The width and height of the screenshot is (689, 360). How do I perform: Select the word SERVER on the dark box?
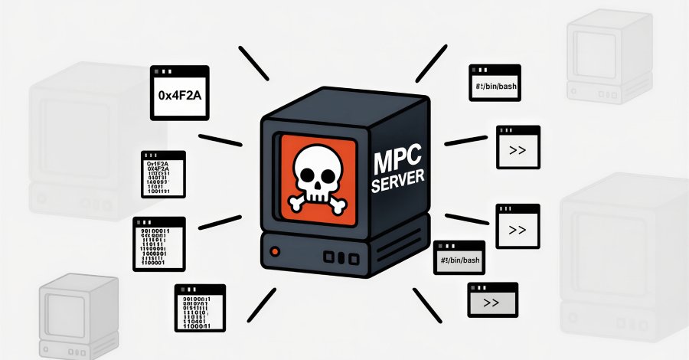pyautogui.click(x=397, y=184)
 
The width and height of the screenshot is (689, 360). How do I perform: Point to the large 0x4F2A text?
pyautogui.click(x=179, y=97)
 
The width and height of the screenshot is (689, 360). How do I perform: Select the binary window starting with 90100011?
pyautogui.click(x=158, y=244)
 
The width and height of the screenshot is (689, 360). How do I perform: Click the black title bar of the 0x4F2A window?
pyautogui.click(x=179, y=71)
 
